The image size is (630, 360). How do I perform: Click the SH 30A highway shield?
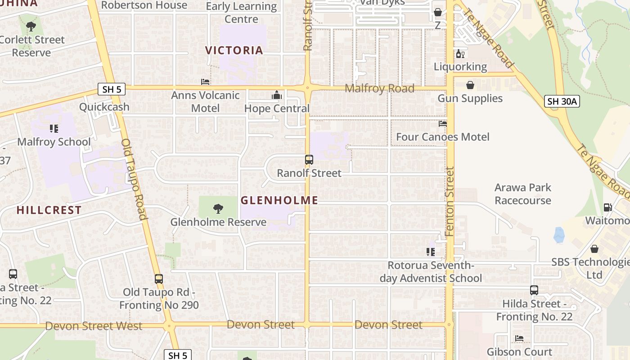coord(562,101)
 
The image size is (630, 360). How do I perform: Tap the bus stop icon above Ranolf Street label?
coord(309,160)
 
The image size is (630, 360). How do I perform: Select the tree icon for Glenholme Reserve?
coord(218,208)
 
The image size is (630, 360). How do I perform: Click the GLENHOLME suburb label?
coord(279,200)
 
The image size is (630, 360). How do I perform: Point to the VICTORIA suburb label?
coord(234,50)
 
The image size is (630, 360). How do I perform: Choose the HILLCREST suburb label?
coord(49,210)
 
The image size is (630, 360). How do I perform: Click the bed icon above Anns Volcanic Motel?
coord(205,82)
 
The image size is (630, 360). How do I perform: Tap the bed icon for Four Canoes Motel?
coord(443,123)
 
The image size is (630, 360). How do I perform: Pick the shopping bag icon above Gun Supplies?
coord(470,85)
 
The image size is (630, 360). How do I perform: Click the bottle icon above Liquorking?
coord(460,54)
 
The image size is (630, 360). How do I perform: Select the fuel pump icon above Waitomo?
coord(607,207)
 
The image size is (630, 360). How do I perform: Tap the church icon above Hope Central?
coord(276,95)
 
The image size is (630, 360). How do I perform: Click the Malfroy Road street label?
coord(379,89)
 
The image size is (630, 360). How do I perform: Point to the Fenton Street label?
coord(450,202)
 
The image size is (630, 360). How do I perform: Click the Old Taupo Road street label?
coord(134,179)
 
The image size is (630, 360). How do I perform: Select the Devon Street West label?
coord(94,326)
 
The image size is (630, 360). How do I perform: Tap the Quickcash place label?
coord(104,107)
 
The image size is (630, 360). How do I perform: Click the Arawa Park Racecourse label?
coord(522,194)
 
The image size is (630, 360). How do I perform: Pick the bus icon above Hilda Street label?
coord(534,290)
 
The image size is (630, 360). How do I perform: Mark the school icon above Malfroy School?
coord(54,129)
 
